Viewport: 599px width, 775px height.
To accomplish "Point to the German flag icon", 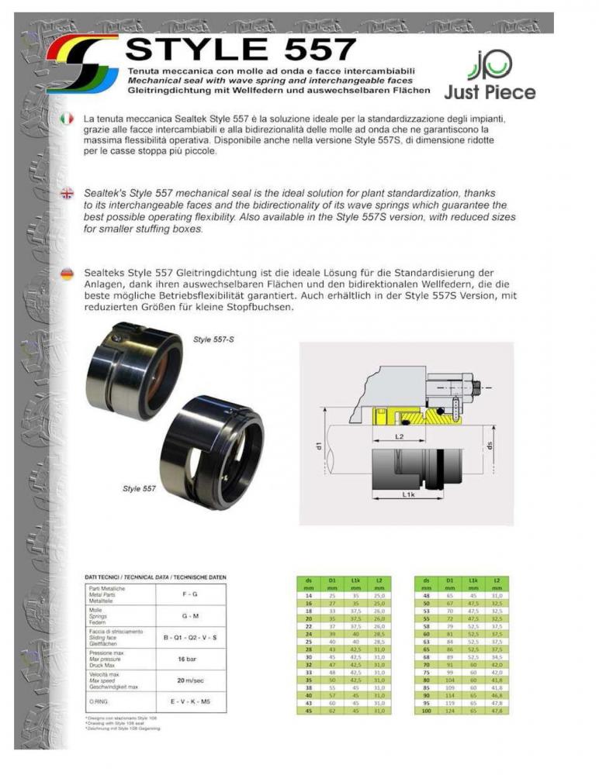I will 68,274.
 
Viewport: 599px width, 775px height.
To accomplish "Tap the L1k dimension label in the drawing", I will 409,493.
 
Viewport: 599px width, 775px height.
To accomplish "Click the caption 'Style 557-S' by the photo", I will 213,339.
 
